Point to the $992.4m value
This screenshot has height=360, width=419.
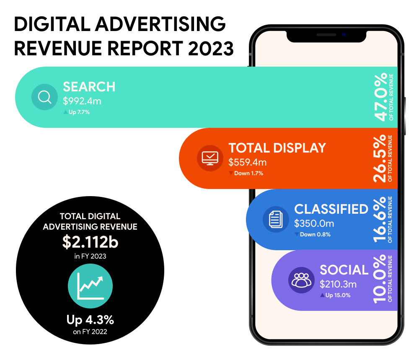(x=82, y=101)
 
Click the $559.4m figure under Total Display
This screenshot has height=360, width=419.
(x=247, y=162)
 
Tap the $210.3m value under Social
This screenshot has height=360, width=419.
(x=338, y=284)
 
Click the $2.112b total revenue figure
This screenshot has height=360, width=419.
(x=90, y=243)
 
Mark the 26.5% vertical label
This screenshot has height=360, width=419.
(x=380, y=158)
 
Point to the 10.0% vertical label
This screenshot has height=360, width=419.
(x=380, y=280)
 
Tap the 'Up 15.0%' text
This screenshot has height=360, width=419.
(x=338, y=295)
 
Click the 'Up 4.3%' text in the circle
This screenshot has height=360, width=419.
(x=90, y=320)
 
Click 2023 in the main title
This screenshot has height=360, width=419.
(x=211, y=49)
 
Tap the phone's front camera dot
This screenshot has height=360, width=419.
(x=343, y=34)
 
